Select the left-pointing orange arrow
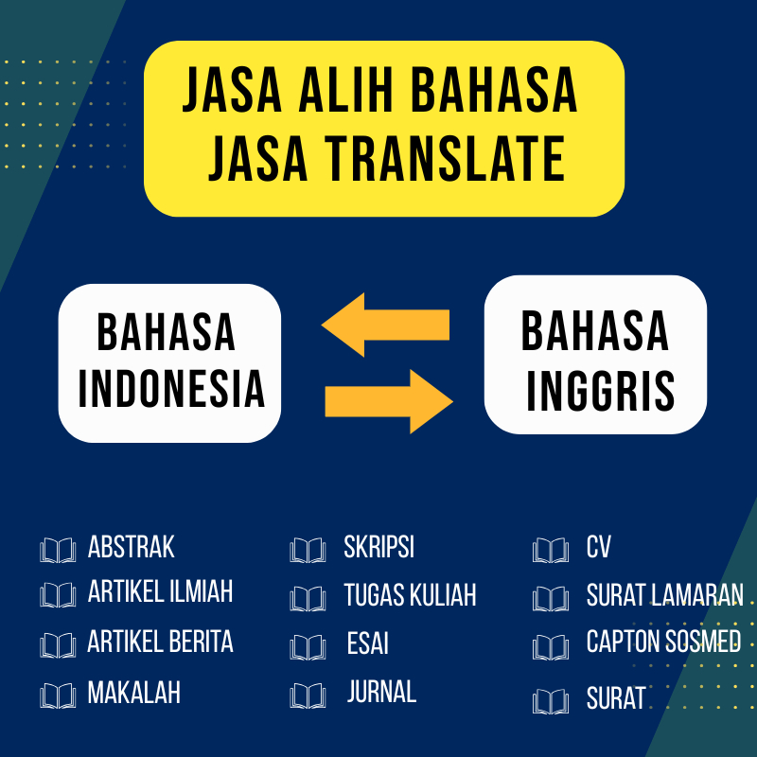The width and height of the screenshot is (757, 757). [x=385, y=325]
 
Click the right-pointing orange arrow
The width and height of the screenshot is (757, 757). [x=389, y=401]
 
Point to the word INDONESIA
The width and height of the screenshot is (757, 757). [x=171, y=388]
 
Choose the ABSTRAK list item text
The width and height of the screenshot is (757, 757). [x=132, y=547]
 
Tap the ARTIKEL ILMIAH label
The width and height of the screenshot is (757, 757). [x=160, y=592]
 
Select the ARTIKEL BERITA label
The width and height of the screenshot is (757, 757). [x=160, y=642]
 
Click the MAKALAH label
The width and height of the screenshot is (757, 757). [x=133, y=693]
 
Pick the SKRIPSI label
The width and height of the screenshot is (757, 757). [x=379, y=548]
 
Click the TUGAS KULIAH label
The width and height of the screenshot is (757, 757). [x=410, y=595]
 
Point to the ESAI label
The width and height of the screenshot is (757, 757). [x=367, y=644]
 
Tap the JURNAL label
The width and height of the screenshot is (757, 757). [x=381, y=692]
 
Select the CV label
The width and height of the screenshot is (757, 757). [x=599, y=548]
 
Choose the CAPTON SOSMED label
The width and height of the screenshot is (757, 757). [x=663, y=642]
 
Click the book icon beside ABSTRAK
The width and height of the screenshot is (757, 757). [x=58, y=550]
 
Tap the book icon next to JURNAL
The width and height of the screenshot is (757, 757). [x=308, y=695]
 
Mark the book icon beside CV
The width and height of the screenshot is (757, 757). [x=551, y=550]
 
